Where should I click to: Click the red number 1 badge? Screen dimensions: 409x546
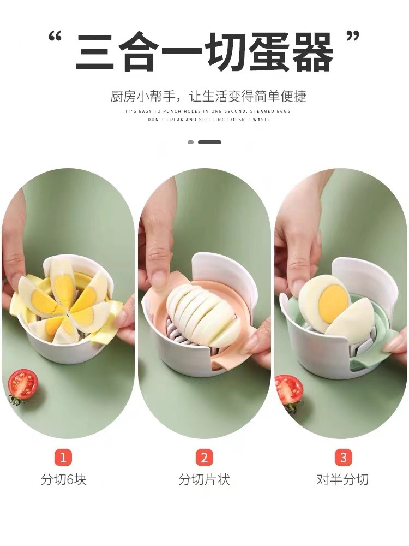pyautogui.click(x=63, y=457)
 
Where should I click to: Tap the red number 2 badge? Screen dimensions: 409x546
pyautogui.click(x=204, y=457)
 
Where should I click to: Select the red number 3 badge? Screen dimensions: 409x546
pyautogui.click(x=343, y=457)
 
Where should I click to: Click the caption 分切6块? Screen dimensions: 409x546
pyautogui.click(x=63, y=479)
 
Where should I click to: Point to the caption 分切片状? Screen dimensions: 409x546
pyautogui.click(x=204, y=479)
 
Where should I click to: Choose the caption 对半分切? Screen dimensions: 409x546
pyautogui.click(x=342, y=479)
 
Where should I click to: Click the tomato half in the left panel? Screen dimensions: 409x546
pyautogui.click(x=22, y=385)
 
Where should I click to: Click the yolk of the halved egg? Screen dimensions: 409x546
pyautogui.click(x=334, y=299)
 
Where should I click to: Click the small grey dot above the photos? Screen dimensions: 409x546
pyautogui.click(x=190, y=142)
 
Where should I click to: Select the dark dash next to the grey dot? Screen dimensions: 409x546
pyautogui.click(x=210, y=142)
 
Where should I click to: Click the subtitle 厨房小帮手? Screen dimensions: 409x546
pyautogui.click(x=143, y=97)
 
